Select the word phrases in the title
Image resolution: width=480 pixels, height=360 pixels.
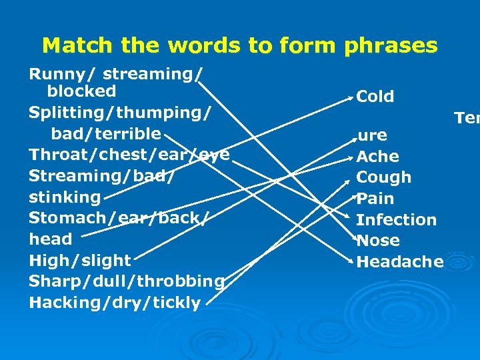391,45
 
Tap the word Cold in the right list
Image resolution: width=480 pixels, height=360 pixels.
375,97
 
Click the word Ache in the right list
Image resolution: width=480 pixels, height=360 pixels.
378,157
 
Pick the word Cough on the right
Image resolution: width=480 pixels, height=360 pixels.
384,177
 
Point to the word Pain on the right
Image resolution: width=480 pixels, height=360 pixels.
375,199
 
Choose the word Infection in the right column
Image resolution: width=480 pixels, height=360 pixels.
397,219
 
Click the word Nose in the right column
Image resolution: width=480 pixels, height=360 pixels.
378,241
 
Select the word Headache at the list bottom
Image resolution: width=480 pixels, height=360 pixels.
400,262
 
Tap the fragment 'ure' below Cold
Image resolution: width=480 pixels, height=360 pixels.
373,136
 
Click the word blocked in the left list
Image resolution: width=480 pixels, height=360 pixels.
81,91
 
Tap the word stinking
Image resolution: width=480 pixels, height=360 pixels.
65,197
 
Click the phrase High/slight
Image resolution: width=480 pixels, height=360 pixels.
80,260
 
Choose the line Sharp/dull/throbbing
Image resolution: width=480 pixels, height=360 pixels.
127,281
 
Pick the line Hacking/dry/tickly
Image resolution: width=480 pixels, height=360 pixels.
115,303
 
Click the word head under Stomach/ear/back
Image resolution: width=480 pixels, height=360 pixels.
51,239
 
